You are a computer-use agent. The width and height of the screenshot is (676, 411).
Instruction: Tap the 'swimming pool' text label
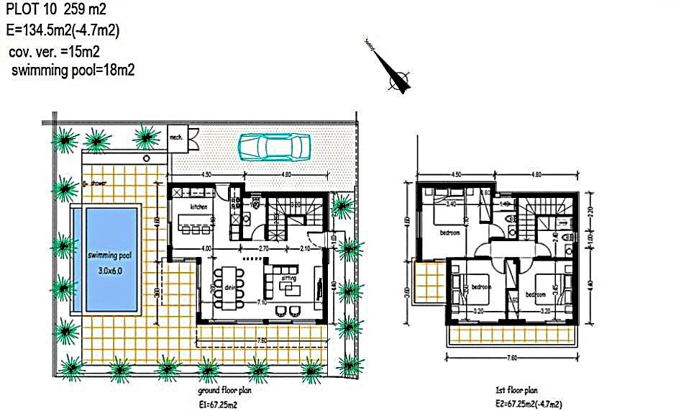[108, 256]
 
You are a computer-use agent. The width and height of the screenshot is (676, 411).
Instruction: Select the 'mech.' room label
[175, 135]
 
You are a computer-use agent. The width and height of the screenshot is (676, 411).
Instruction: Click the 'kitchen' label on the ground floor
[199, 207]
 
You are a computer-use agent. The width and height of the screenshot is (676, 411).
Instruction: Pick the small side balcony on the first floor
[430, 284]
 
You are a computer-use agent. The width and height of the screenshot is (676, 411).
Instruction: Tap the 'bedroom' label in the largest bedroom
[450, 232]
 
